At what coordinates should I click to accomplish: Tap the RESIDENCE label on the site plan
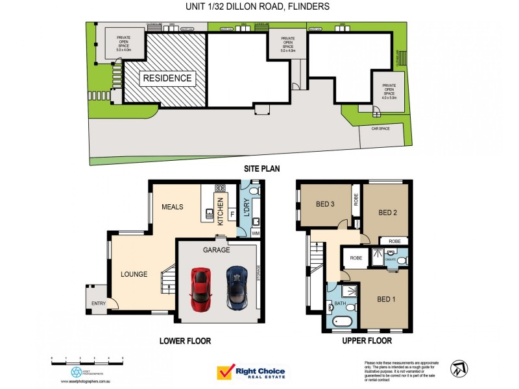[167, 78]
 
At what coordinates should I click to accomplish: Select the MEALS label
[173, 207]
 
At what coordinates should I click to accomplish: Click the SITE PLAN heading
[261, 169]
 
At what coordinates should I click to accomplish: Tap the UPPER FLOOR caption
[368, 340]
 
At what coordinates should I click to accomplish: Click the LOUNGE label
[134, 274]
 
